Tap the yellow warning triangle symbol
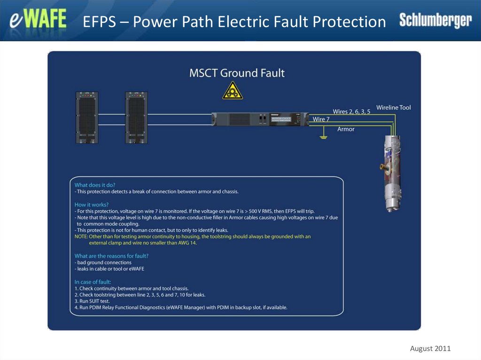click(x=233, y=90)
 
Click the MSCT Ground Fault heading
click(x=237, y=73)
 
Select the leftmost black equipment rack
click(x=86, y=117)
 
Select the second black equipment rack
click(x=136, y=117)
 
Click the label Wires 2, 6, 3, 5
click(x=351, y=112)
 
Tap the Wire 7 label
click(x=322, y=119)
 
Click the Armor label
click(x=346, y=129)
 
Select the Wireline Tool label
click(x=393, y=107)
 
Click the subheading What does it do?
click(x=94, y=185)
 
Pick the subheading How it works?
click(x=92, y=205)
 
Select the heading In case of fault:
click(x=93, y=282)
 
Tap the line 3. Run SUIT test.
click(x=92, y=301)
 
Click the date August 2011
click(x=430, y=348)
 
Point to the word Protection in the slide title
click(x=349, y=22)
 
